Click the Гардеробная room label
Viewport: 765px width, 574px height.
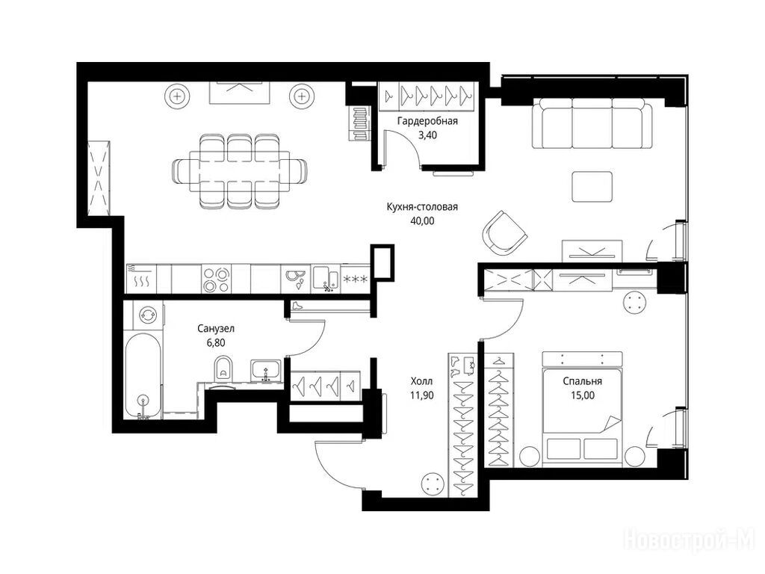click(x=427, y=121)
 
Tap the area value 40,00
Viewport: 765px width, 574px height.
click(x=422, y=221)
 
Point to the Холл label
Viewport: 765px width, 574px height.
click(x=421, y=381)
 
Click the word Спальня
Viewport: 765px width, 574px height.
click(x=582, y=382)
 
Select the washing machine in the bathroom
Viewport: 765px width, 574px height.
click(x=147, y=315)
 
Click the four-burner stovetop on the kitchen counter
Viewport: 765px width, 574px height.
click(x=217, y=280)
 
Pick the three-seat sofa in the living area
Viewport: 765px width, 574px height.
click(x=592, y=123)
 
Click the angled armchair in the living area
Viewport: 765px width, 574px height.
click(x=504, y=234)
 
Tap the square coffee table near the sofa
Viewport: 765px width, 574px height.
click(x=592, y=186)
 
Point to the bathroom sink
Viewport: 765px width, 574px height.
click(x=265, y=371)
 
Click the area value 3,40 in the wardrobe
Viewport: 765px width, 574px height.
click(x=428, y=135)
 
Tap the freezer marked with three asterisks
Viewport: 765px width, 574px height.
click(x=355, y=280)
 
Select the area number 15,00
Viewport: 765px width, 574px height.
click(x=583, y=395)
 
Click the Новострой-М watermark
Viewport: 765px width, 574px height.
click(x=689, y=540)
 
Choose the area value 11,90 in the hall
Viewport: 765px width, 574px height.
click(x=421, y=395)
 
